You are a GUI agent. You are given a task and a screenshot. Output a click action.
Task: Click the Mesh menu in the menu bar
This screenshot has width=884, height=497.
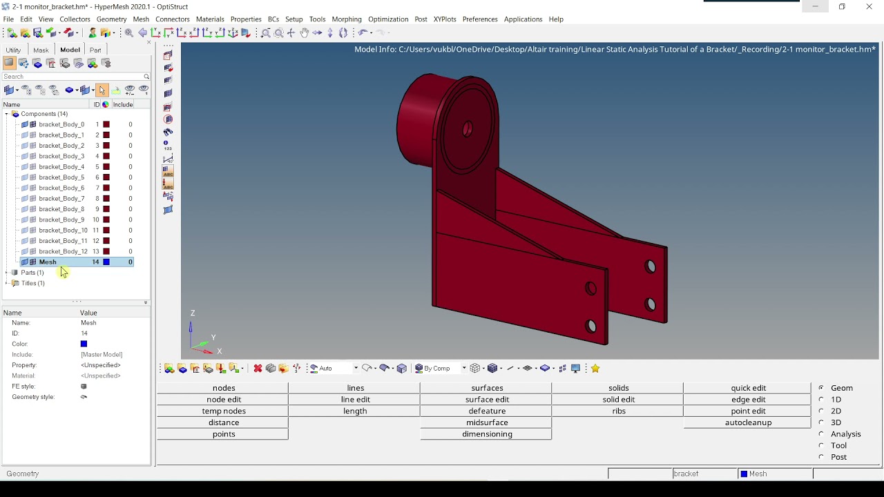(141, 19)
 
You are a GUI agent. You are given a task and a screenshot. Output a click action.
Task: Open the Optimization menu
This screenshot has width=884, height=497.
(388, 19)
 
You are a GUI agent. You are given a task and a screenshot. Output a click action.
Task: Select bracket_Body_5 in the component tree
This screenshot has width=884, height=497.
(61, 177)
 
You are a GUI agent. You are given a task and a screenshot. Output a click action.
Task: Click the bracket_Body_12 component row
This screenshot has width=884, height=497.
(63, 251)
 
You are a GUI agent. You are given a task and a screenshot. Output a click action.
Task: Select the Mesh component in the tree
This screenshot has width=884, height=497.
(48, 262)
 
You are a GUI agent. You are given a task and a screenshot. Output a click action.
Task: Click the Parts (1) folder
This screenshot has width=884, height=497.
(32, 273)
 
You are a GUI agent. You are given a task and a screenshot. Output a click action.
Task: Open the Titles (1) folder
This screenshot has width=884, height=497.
(32, 283)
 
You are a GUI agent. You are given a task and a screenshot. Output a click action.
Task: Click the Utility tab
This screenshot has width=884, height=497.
(13, 50)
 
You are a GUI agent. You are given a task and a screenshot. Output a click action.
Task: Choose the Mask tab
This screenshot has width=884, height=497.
(41, 50)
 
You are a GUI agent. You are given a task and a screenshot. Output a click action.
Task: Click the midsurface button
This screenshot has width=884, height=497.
(487, 422)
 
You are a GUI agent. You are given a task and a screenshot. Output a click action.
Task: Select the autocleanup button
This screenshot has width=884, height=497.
(748, 422)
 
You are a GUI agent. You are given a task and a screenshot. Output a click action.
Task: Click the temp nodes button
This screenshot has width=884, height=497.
(224, 411)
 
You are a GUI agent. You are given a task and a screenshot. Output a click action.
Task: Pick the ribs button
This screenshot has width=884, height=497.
(618, 411)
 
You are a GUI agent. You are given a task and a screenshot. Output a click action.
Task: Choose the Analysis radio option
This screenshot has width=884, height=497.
(821, 434)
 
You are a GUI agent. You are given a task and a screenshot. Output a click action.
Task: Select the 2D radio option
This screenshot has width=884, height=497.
(821, 411)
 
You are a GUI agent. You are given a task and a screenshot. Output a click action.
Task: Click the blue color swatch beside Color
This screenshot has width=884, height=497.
(84, 344)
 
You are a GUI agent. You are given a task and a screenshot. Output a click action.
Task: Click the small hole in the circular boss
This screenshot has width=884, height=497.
(468, 128)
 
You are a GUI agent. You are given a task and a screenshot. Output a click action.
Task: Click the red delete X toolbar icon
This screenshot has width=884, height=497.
(258, 369)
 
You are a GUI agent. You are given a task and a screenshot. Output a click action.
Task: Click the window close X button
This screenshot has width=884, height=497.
(869, 7)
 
